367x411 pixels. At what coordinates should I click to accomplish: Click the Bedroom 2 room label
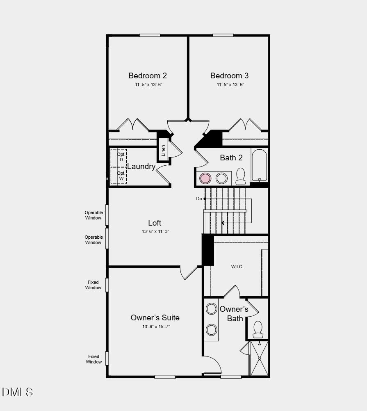[147, 75]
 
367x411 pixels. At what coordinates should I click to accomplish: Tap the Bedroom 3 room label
[229, 75]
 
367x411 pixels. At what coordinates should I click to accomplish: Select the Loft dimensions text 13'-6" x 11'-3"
[155, 231]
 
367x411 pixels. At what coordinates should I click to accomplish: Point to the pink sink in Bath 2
[205, 178]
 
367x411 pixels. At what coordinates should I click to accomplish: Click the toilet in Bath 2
[240, 176]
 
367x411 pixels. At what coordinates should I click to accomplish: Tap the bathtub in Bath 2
[259, 165]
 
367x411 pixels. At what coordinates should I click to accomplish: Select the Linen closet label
[164, 151]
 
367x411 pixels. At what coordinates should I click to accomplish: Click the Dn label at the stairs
[199, 199]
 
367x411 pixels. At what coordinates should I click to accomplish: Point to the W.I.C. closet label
[237, 267]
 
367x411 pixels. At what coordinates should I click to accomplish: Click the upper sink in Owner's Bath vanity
[212, 309]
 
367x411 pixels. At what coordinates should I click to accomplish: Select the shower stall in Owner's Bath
[259, 358]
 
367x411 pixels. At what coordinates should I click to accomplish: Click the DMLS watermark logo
[17, 392]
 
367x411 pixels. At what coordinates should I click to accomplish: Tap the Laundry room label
[141, 167]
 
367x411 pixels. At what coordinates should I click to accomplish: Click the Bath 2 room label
[231, 158]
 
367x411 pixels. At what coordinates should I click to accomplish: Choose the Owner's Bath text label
[234, 314]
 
